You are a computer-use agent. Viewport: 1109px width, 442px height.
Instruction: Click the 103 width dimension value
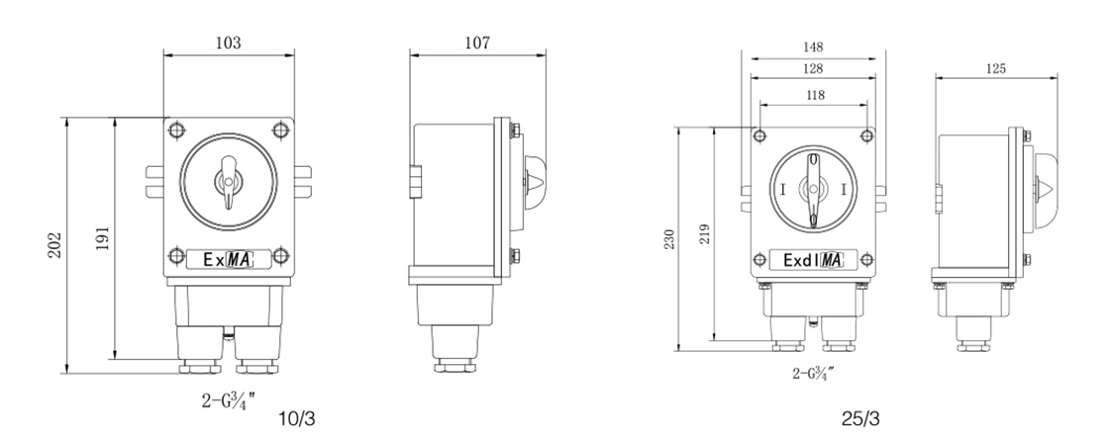228,44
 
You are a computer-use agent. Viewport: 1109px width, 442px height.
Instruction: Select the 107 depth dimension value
477,44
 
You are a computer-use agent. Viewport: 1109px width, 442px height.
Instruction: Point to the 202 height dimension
55,245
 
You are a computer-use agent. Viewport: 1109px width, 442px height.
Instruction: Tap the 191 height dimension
103,239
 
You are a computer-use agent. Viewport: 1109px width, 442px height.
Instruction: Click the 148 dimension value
813,47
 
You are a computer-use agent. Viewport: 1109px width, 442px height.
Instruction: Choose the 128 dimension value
813,68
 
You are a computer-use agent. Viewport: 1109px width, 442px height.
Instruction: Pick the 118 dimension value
815,95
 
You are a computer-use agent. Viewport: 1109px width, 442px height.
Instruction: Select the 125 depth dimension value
995,68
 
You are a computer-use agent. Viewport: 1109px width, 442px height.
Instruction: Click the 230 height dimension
669,239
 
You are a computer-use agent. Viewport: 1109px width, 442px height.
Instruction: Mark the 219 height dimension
704,233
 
